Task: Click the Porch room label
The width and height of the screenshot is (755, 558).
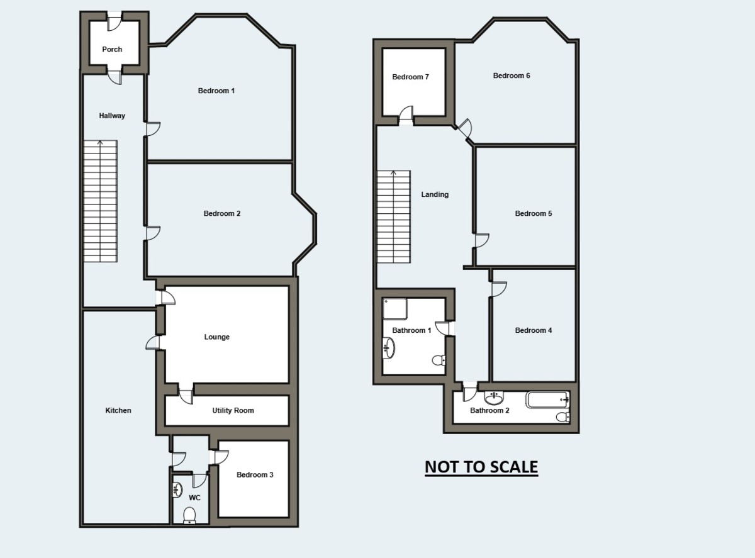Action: pos(112,49)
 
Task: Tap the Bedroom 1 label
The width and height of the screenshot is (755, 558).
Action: pos(216,91)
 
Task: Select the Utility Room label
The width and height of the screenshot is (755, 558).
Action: pos(233,410)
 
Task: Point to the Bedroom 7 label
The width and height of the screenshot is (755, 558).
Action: pos(410,77)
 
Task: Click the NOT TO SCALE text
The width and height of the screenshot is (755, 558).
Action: pos(481,467)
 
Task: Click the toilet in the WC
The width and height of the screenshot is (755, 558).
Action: pos(189,516)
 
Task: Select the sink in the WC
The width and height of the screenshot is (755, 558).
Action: pos(177,489)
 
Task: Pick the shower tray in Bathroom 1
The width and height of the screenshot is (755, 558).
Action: pos(395,308)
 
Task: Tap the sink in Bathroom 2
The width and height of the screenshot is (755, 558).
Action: pos(494,398)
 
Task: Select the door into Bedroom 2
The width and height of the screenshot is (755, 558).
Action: pos(152,233)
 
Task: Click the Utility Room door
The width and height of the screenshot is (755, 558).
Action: pos(185,396)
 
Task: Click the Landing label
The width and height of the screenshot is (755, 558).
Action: pos(435,194)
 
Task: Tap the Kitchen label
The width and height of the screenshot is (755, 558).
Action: pos(118,410)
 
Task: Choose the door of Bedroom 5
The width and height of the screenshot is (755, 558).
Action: pos(482,241)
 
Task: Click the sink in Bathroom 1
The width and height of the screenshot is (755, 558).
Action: pos(389,347)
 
